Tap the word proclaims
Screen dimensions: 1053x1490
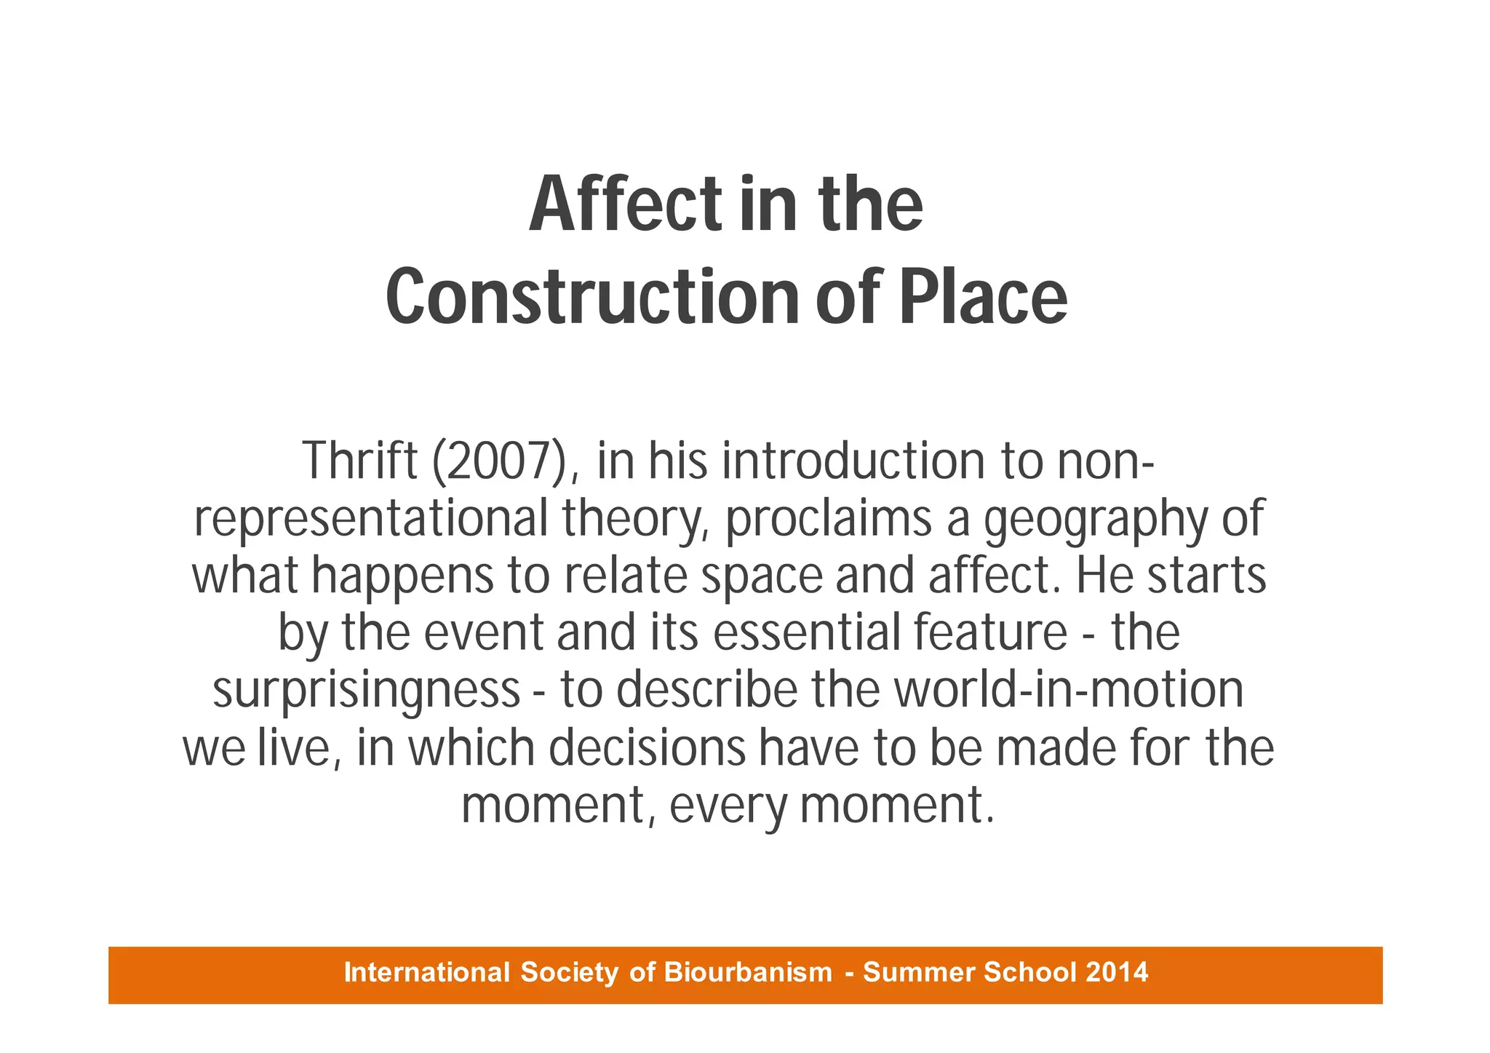tap(829, 519)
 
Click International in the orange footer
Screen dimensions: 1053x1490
tap(427, 972)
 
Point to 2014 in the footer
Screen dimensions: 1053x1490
tap(1117, 972)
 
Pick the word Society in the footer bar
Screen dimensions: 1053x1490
tap(570, 972)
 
